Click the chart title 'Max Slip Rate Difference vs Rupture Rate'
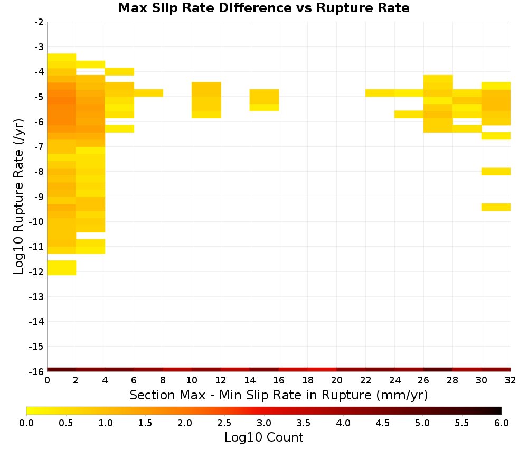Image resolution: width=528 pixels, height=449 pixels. (263, 8)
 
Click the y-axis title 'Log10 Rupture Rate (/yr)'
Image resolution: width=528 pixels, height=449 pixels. (19, 197)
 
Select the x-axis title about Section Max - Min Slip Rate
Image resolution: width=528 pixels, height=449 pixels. (279, 395)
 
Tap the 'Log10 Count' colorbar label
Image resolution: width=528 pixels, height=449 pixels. (263, 437)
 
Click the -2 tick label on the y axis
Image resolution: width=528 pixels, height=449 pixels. (39, 22)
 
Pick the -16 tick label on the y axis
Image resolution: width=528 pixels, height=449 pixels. (36, 371)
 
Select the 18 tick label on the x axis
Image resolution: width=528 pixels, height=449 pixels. (308, 380)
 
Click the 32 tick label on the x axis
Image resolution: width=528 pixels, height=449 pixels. (511, 380)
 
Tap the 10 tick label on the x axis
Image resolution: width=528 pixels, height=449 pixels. (192, 380)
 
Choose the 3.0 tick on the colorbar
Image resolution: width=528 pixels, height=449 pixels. (264, 423)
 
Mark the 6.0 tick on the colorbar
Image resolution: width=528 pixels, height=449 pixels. (502, 423)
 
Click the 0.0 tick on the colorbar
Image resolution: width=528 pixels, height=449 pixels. (26, 423)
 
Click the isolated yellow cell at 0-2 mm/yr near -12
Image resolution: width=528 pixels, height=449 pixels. (62, 268)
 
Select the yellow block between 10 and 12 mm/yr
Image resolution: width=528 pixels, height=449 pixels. (206, 100)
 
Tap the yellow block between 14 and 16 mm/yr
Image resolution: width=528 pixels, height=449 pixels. (265, 100)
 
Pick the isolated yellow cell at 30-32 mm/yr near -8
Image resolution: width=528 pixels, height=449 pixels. (496, 172)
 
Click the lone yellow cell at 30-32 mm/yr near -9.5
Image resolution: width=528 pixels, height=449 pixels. (496, 207)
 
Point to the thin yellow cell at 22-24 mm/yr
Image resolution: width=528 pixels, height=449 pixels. (380, 93)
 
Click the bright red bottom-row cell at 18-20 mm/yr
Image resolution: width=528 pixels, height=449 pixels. (322, 370)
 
